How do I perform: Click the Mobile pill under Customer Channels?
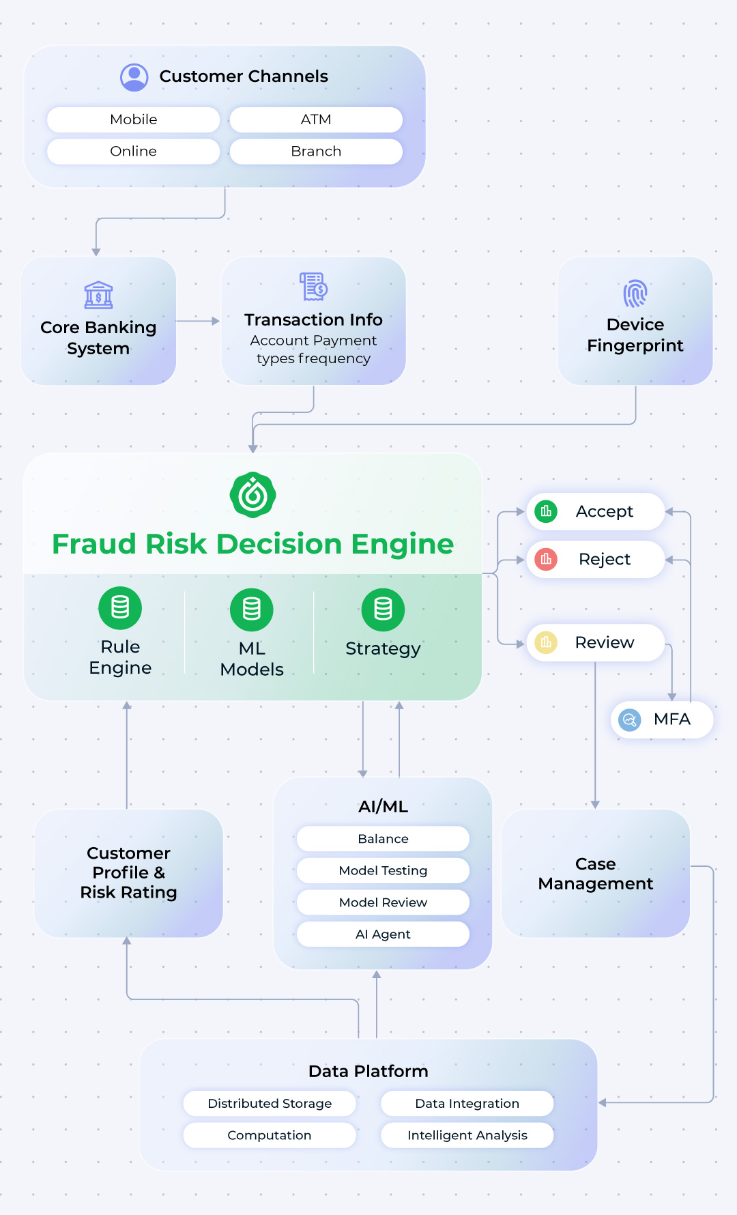pos(134,119)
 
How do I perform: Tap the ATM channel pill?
pos(316,119)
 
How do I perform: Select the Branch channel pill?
pos(316,152)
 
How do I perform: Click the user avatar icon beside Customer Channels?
pos(134,77)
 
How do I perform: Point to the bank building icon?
pos(98,296)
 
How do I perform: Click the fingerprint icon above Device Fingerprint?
pos(635,294)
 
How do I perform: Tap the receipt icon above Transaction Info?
pos(314,287)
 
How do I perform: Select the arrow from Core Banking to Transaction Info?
pos(198,321)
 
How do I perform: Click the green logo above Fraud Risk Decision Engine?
pos(253,495)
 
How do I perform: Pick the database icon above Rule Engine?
pos(120,607)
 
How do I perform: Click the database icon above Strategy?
pos(383,610)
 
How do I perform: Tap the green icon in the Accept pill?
pos(546,511)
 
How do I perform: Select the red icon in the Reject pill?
pos(546,559)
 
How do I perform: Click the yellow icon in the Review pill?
pos(546,642)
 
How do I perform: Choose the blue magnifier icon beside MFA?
pos(629,719)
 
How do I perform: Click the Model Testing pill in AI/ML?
pos(383,870)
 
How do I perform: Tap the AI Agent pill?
pos(383,934)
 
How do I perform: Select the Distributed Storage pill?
pos(270,1103)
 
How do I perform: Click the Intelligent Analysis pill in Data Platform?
pos(467,1135)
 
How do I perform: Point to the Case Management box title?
pos(596,874)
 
